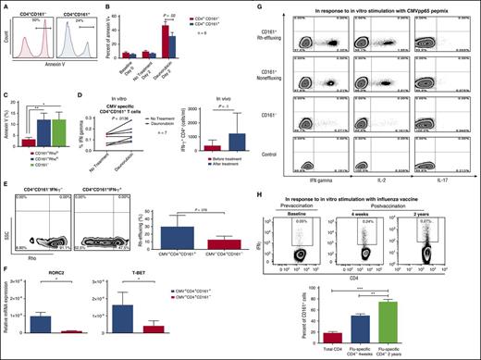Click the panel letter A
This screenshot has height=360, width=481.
tap(6, 6)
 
